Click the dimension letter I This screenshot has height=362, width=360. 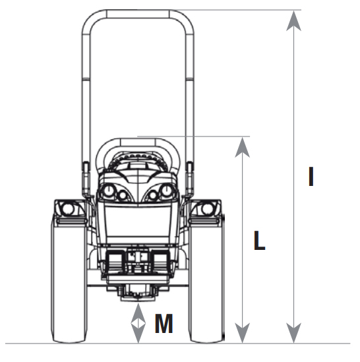click(x=311, y=177)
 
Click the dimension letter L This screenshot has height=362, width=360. click(x=259, y=240)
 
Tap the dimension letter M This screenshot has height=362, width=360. click(x=164, y=323)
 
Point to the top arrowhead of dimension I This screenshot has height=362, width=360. click(x=293, y=21)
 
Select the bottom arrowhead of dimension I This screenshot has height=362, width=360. click(x=293, y=333)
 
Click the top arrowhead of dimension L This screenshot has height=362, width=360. click(x=242, y=147)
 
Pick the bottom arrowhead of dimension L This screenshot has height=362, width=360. click(x=242, y=333)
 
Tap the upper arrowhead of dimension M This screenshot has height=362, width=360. click(x=138, y=313)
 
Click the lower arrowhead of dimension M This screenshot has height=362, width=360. click(x=138, y=333)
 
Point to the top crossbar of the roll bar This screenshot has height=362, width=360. click(x=138, y=14)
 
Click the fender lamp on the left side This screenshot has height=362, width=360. click(x=68, y=209)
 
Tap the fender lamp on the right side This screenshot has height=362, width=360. click(x=206, y=209)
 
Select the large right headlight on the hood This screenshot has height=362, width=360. click(x=166, y=191)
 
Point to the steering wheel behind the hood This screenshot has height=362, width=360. click(x=138, y=160)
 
